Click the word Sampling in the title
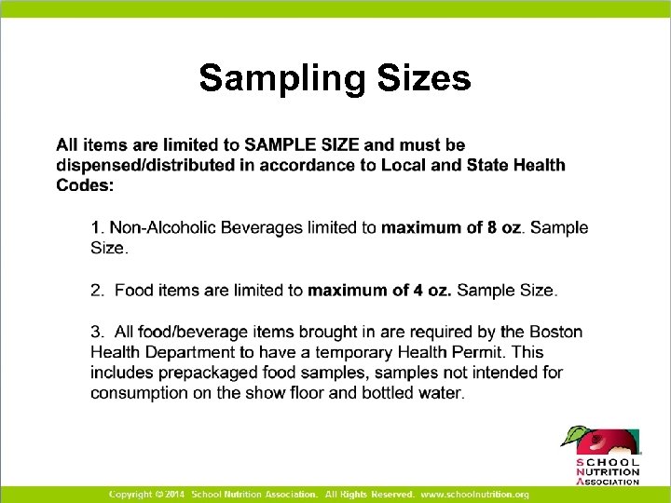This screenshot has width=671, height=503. (x=279, y=78)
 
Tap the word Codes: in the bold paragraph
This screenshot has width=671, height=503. (x=85, y=185)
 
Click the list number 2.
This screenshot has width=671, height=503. (x=96, y=291)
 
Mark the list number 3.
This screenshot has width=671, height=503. (x=96, y=333)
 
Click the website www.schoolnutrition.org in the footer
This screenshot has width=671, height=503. (x=474, y=494)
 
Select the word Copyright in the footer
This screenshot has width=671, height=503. (x=130, y=494)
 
